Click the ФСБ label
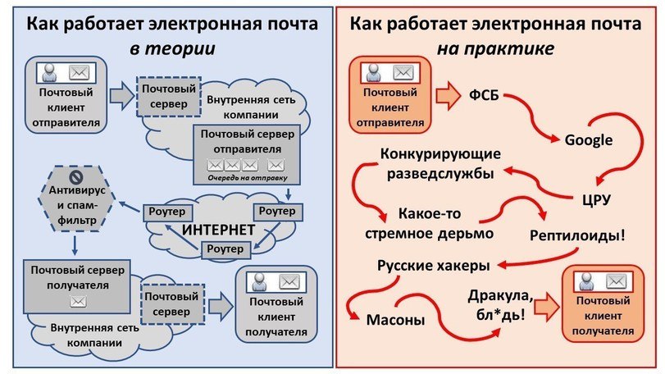pyautogui.click(x=484, y=95)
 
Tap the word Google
pyautogui.click(x=589, y=140)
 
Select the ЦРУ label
pyautogui.click(x=596, y=199)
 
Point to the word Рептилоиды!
pyautogui.click(x=577, y=235)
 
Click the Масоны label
pyautogui.click(x=396, y=319)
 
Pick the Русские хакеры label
pyautogui.click(x=434, y=266)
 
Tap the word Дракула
pyautogui.click(x=500, y=296)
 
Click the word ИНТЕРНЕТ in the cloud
pyautogui.click(x=218, y=230)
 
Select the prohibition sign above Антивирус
pyautogui.click(x=76, y=176)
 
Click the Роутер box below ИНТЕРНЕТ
pyautogui.click(x=225, y=249)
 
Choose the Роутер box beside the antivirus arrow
pyautogui.click(x=168, y=212)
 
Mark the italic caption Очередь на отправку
pyautogui.click(x=248, y=178)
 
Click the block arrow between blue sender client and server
pyautogui.click(x=121, y=95)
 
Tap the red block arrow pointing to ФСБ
pyautogui.click(x=448, y=95)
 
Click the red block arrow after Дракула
pyautogui.click(x=547, y=307)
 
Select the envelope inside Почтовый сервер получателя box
pyautogui.click(x=78, y=302)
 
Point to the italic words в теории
pyautogui.click(x=172, y=48)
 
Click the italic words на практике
pyautogui.click(x=495, y=48)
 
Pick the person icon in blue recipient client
pyautogui.click(x=259, y=281)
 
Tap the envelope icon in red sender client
pyautogui.click(x=403, y=72)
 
